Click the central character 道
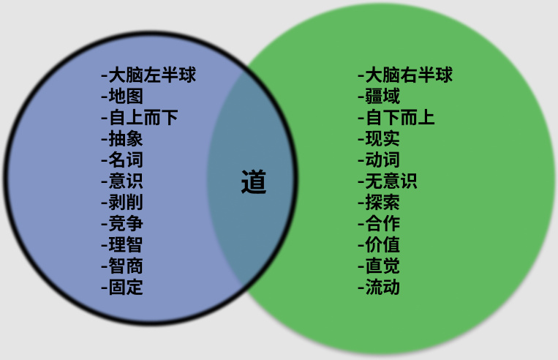[x=254, y=182]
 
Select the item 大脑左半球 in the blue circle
[x=151, y=75]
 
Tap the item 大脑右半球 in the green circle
[x=407, y=75]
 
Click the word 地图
[x=125, y=96]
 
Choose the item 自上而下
[x=143, y=117]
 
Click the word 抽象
[x=125, y=138]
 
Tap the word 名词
[x=125, y=160]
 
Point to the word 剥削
[x=125, y=202]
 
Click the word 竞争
[x=125, y=223]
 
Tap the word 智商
[x=125, y=266]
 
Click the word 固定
[x=125, y=287]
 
